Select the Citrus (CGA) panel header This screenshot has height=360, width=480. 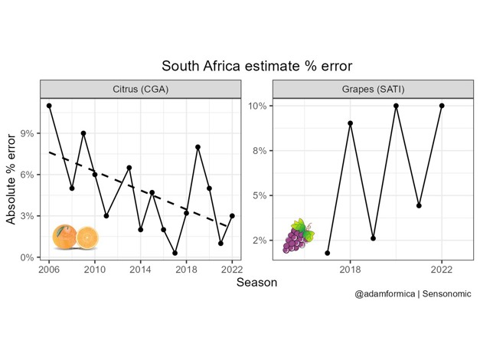tap(140, 88)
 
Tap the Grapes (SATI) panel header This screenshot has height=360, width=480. tap(373, 88)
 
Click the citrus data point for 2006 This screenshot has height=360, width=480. tap(49, 106)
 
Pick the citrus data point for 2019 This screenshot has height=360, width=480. tap(198, 147)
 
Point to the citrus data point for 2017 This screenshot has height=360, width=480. tap(175, 253)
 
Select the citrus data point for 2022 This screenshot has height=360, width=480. tap(232, 216)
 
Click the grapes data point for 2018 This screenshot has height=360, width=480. tap(350, 123)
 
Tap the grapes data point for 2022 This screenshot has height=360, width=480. tap(442, 106)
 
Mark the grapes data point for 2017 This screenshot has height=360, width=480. tap(328, 253)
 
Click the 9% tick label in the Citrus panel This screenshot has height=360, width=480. tap(27, 133)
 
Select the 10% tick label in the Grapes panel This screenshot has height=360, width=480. tap(256, 106)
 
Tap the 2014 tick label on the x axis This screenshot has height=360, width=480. tap(140, 270)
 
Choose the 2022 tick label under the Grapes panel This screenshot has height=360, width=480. tap(442, 270)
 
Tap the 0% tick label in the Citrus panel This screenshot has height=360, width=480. tap(27, 257)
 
